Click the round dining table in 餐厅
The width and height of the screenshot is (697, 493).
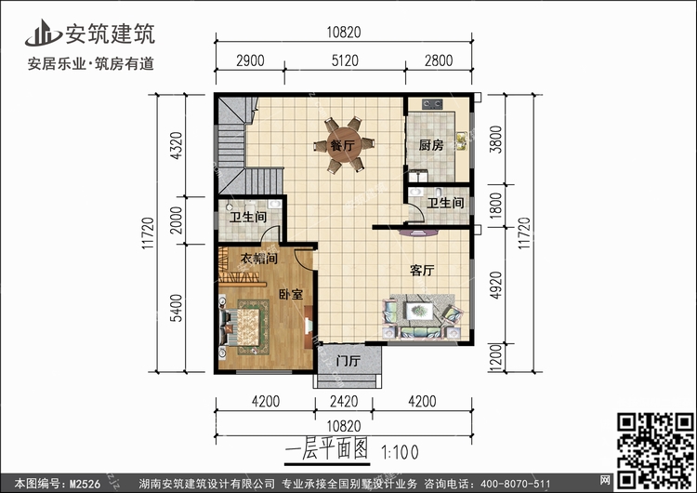pyautogui.click(x=344, y=145)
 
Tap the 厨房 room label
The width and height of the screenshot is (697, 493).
pyautogui.click(x=431, y=145)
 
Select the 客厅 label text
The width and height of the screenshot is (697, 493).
pyautogui.click(x=422, y=270)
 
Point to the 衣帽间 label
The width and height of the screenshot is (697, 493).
pyautogui.click(x=259, y=258)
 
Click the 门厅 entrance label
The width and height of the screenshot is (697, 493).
pyautogui.click(x=348, y=360)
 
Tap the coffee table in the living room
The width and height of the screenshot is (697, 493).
pyautogui.click(x=418, y=310)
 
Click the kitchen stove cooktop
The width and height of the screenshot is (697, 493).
pyautogui.click(x=432, y=103)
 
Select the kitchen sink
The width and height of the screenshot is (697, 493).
pyautogui.click(x=461, y=141)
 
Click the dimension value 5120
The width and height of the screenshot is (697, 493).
pyautogui.click(x=345, y=60)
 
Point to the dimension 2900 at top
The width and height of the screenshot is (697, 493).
pyautogui.click(x=250, y=60)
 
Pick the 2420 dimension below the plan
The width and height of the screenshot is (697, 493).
pyautogui.click(x=344, y=401)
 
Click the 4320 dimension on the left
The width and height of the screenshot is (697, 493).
pyautogui.click(x=177, y=145)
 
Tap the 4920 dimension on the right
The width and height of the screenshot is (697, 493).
pyautogui.click(x=495, y=286)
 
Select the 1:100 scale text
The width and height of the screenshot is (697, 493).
pyautogui.click(x=400, y=452)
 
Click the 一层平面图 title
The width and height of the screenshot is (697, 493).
pyautogui.click(x=327, y=449)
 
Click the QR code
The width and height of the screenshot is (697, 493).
pyautogui.click(x=655, y=450)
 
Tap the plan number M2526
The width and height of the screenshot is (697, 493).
pyautogui.click(x=85, y=484)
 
